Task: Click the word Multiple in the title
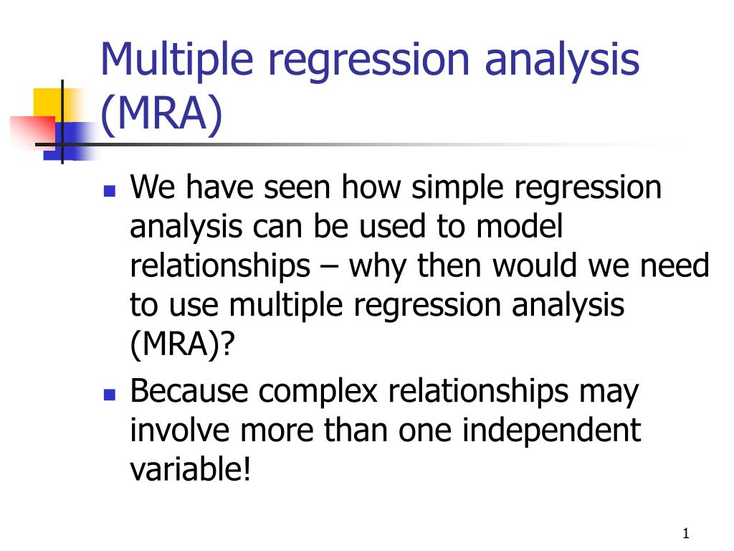(x=177, y=60)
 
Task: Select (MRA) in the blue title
(x=161, y=114)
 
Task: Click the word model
(x=519, y=226)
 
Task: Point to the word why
(x=378, y=267)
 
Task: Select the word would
(x=534, y=265)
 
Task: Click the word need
(x=675, y=266)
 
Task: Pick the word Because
(x=189, y=391)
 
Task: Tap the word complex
(x=318, y=392)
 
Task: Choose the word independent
(x=551, y=431)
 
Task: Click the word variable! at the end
(x=191, y=469)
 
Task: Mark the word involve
(x=180, y=430)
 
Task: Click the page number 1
(x=686, y=533)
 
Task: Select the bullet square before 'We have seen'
(x=110, y=191)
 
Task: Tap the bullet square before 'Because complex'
(x=110, y=395)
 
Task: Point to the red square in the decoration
(x=33, y=131)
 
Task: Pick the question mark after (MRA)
(x=227, y=344)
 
